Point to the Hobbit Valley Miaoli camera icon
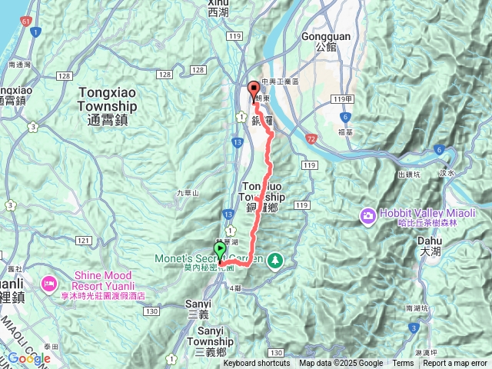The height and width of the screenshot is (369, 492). (367, 215)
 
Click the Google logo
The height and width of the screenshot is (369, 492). (28, 358)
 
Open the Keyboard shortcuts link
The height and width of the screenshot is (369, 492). (257, 364)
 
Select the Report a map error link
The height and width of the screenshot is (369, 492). (455, 364)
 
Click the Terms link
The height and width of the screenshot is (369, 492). (403, 364)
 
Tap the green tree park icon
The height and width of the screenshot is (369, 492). (274, 261)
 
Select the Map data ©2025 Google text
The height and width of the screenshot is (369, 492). (341, 364)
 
